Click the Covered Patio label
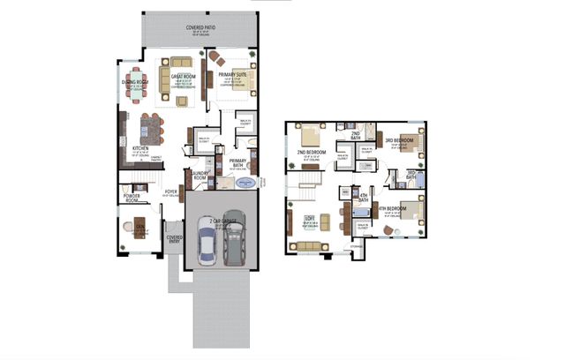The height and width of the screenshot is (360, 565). pyautogui.click(x=202, y=28)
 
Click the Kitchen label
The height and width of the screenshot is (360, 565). pyautogui.click(x=140, y=148)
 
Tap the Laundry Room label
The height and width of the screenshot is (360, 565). pyautogui.click(x=200, y=176)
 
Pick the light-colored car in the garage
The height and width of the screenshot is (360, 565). pyautogui.click(x=205, y=242)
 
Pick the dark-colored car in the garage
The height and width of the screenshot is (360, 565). pyautogui.click(x=233, y=243)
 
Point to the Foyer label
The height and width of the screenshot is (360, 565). pyautogui.click(x=171, y=191)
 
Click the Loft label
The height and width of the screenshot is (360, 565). pyautogui.click(x=310, y=217)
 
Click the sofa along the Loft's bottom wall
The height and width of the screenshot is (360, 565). pyautogui.click(x=309, y=244)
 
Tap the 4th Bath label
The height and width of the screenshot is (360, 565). pyautogui.click(x=362, y=199)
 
